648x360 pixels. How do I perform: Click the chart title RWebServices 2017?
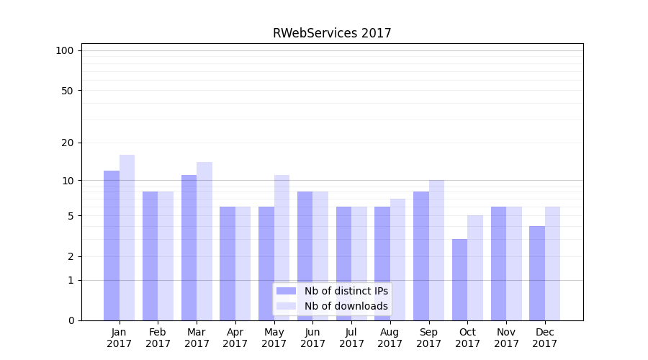tap(332, 33)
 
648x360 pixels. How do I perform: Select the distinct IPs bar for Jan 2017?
tap(112, 245)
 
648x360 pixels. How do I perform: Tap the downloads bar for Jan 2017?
tap(127, 238)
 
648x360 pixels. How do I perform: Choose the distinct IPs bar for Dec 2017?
tap(537, 273)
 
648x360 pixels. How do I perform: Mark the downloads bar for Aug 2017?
tap(397, 259)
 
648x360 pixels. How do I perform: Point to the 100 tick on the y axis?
tap(65, 50)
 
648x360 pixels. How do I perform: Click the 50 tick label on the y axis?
tap(68, 91)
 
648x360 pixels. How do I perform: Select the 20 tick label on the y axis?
tap(68, 143)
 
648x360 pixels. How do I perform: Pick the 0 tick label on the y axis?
tap(71, 320)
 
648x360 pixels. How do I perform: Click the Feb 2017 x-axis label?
tap(158, 338)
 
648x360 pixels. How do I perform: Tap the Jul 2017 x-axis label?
tap(351, 338)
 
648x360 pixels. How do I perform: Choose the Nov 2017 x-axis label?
tap(506, 338)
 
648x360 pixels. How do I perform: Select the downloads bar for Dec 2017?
tap(552, 264)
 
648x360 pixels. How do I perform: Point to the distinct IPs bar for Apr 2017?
tap(228, 264)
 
